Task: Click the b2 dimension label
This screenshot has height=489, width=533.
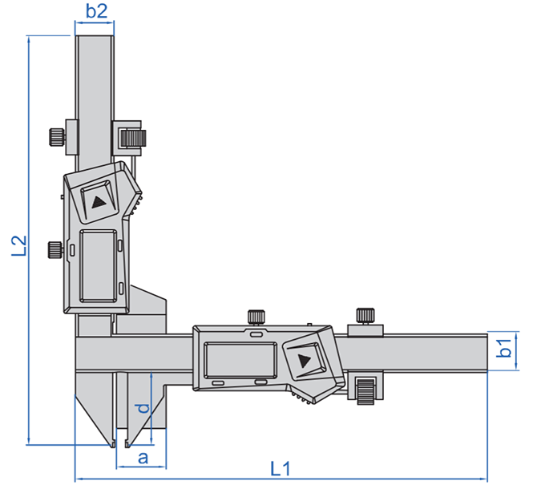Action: click(x=96, y=11)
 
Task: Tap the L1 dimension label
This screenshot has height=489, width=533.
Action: click(x=280, y=467)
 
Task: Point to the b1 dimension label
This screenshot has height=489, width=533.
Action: click(x=504, y=350)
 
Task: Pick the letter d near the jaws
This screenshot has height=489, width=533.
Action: click(x=142, y=408)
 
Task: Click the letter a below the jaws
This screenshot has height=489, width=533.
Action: click(x=143, y=458)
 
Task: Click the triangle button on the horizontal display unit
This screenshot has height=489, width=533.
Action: click(x=305, y=361)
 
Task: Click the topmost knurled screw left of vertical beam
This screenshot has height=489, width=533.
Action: click(x=55, y=136)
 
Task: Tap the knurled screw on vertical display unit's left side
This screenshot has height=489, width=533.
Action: click(x=55, y=250)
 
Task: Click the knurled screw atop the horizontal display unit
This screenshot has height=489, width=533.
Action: click(x=257, y=316)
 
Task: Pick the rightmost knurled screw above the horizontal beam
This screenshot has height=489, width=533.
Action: click(x=365, y=316)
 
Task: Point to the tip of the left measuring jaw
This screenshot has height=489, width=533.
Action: click(x=113, y=443)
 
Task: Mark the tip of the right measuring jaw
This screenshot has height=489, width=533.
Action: click(x=129, y=443)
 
